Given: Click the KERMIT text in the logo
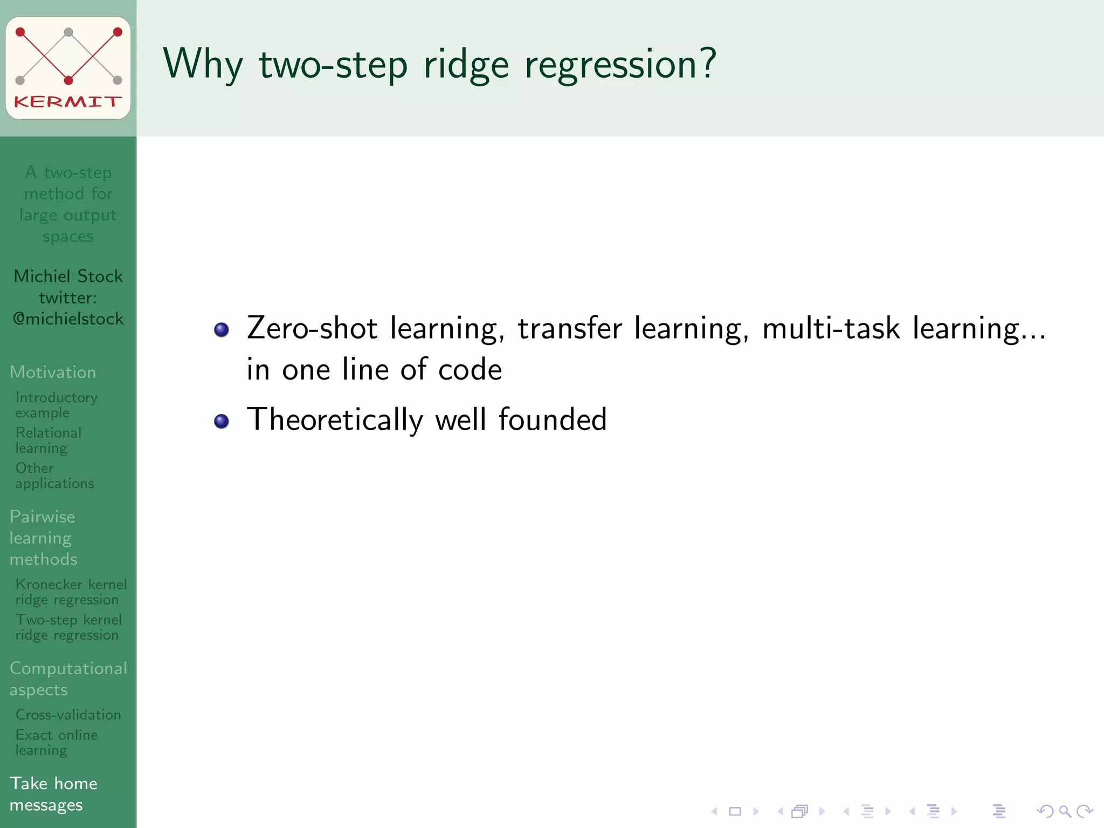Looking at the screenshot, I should click(x=68, y=101).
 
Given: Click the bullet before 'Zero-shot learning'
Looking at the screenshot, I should click(x=222, y=329).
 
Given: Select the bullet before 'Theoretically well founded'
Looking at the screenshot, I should click(x=222, y=421).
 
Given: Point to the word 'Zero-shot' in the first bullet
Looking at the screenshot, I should click(x=312, y=328).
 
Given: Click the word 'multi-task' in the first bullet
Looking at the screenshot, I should click(x=831, y=328).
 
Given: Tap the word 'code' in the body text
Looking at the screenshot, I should click(x=470, y=370).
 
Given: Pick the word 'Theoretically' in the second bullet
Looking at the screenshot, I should click(x=335, y=420).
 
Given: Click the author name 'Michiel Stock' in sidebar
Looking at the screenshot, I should click(x=68, y=276).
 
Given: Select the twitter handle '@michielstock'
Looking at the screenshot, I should click(x=68, y=319).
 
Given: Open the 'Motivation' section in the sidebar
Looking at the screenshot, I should click(x=53, y=372).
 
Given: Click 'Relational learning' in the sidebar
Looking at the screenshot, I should click(x=48, y=440).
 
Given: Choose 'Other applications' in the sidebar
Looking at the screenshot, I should click(x=54, y=475).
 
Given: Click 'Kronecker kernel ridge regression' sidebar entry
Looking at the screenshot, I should click(x=71, y=592).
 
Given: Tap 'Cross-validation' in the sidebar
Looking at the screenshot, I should click(x=68, y=715).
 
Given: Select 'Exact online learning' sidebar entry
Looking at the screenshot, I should click(x=56, y=742).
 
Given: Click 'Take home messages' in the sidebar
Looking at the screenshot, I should click(x=53, y=793).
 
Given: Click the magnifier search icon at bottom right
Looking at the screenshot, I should click(x=1065, y=811).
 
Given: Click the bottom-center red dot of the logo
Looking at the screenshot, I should click(x=68, y=81).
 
